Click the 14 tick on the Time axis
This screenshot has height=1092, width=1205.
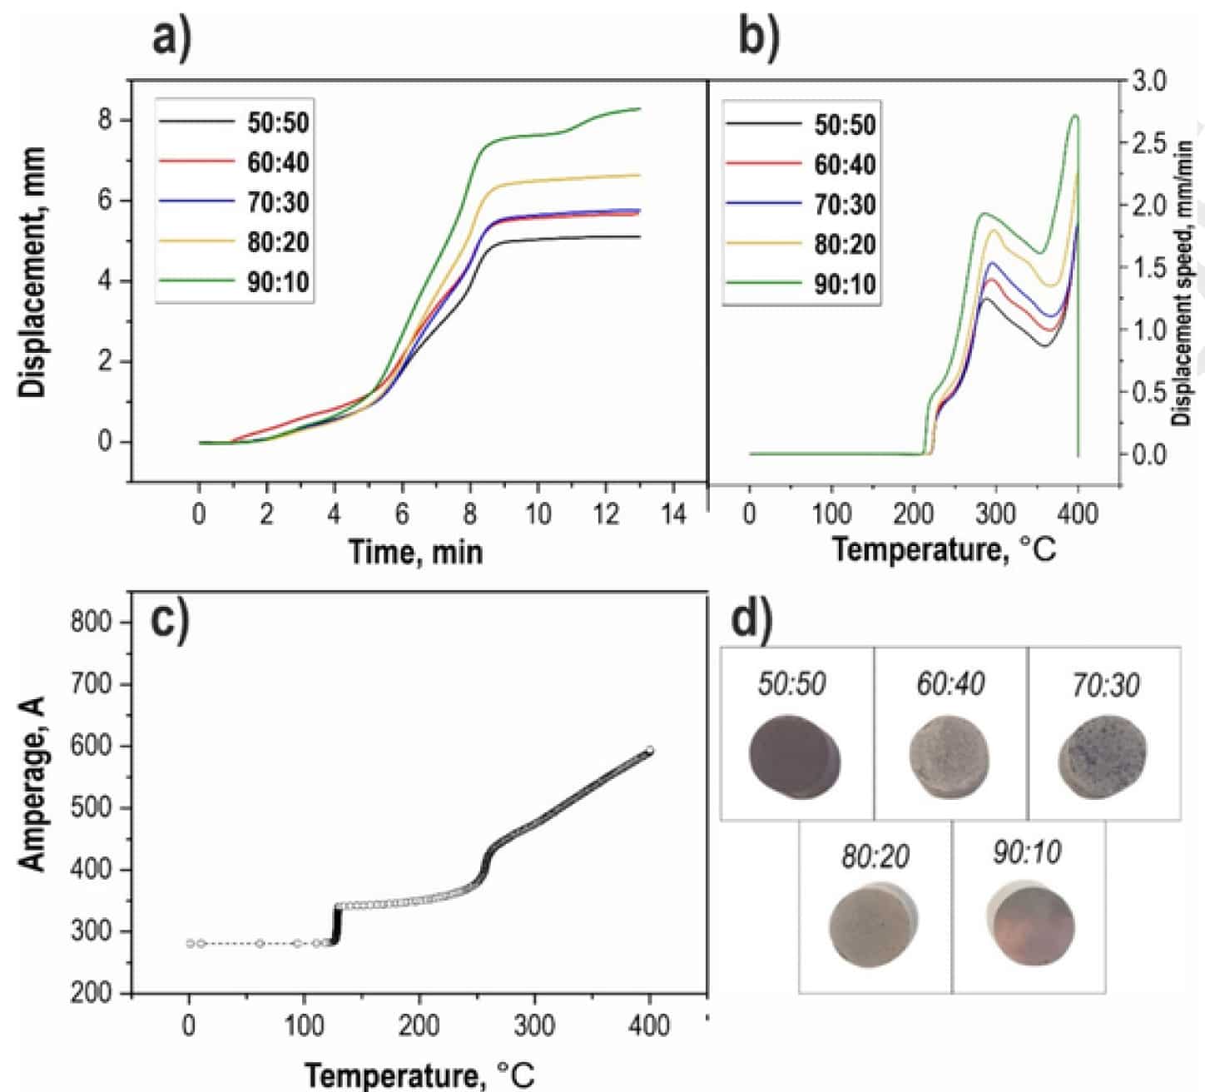point(673,514)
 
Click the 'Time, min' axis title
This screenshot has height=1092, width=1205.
point(415,551)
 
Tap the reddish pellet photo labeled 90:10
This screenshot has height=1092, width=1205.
point(1031,926)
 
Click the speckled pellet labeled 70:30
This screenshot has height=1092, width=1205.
point(1103,757)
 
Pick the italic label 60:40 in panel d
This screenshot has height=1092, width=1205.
point(950,684)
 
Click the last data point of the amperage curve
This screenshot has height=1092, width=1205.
point(650,751)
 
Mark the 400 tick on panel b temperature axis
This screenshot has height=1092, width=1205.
point(1079,514)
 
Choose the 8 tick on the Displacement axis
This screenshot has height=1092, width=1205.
point(105,120)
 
